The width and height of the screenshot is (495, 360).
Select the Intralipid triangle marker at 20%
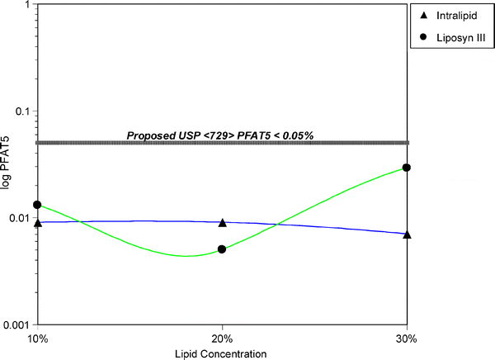[x=222, y=223]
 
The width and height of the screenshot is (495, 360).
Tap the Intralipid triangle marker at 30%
[x=407, y=234]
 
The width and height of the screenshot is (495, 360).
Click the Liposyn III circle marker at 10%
[x=37, y=205]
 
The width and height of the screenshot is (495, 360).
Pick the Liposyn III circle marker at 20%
[x=222, y=249]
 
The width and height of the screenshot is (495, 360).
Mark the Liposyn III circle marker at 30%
[x=407, y=168]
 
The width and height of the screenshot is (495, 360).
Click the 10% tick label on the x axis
[x=37, y=339]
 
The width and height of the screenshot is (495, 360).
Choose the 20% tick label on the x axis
[x=222, y=339]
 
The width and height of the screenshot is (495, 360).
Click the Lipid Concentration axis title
[x=222, y=353]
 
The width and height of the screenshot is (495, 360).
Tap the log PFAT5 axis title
[x=7, y=165]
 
